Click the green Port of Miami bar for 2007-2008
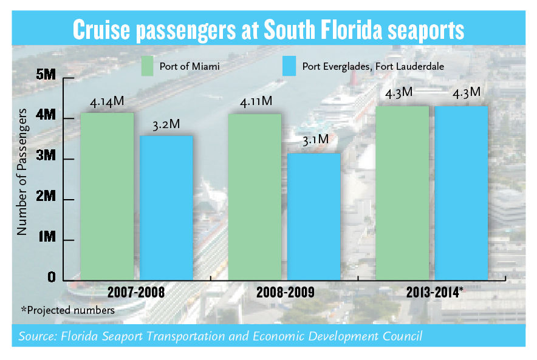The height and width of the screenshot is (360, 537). point(107,194)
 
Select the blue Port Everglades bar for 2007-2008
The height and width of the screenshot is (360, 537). point(166,206)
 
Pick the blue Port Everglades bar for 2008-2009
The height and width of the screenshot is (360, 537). point(313,216)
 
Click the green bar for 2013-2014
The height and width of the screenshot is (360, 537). point(402,192)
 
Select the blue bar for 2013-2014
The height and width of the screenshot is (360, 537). point(461,192)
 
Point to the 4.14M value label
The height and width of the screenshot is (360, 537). point(107,103)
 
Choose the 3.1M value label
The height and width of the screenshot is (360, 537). point(314,141)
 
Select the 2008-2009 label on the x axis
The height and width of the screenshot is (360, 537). point(286,292)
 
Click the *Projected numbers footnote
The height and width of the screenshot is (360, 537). point(67,310)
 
